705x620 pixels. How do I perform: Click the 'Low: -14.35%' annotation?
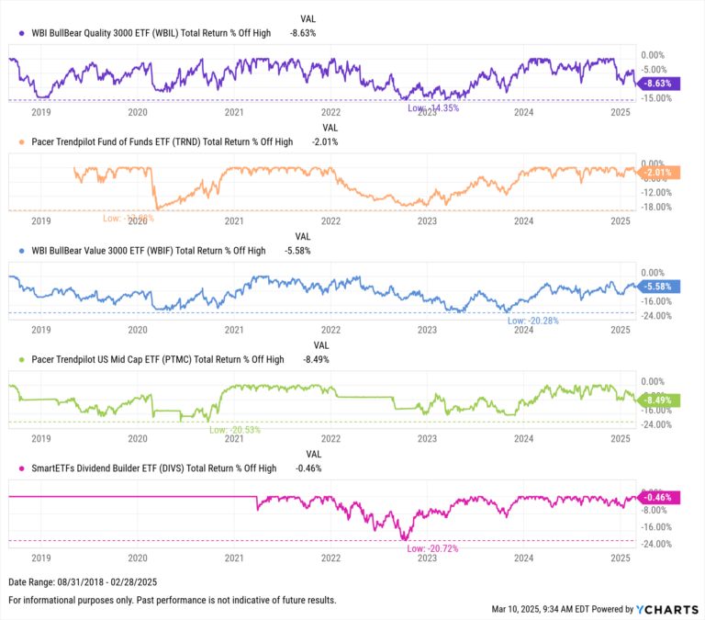click(433, 108)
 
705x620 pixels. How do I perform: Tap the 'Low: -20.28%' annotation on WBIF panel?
click(533, 321)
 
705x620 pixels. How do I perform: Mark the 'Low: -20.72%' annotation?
click(432, 548)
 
